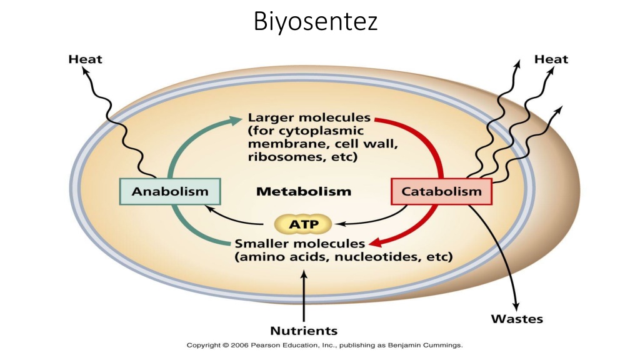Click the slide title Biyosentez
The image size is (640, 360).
[315, 22]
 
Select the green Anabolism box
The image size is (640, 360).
[170, 191]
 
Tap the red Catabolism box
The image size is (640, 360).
[441, 191]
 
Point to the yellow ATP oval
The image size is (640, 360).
[303, 224]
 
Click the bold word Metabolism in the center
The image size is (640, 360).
[304, 191]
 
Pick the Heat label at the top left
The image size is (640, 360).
[85, 59]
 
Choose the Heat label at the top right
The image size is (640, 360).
[551, 59]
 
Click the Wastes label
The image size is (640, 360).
[517, 319]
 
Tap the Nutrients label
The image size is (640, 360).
[304, 331]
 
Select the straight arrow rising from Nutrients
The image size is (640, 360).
[304, 296]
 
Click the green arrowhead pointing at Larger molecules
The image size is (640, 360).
[235, 120]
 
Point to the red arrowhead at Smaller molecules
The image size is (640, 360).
[376, 243]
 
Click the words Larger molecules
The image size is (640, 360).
[309, 117]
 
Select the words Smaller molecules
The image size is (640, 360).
[299, 244]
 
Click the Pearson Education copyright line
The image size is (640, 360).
[324, 345]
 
